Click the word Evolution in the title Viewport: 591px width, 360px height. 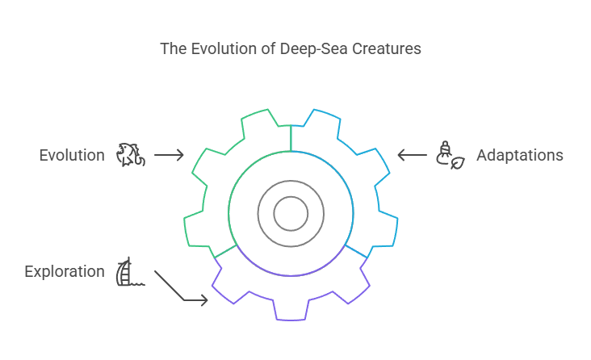pos(216,49)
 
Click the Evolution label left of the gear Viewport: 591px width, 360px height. pos(72,155)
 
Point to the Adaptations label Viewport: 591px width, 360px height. pos(520,155)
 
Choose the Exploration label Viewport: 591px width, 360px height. pos(65,271)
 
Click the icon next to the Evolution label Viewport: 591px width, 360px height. pos(131,155)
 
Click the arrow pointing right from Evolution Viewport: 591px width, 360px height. pos(169,155)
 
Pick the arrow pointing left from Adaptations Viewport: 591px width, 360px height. pos(413,155)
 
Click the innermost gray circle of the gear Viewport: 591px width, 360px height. pos(291,213)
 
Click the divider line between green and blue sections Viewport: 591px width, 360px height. pos(291,137)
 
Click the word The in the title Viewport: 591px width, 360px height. pos(172,49)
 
